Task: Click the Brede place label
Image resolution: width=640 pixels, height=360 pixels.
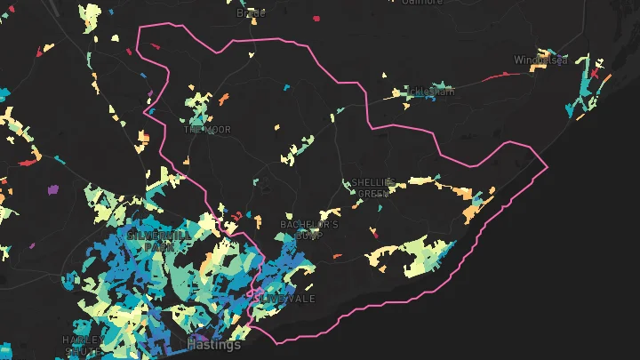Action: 252,13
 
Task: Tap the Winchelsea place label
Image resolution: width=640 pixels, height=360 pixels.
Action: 540,60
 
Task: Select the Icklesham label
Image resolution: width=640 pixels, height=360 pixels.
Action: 429,91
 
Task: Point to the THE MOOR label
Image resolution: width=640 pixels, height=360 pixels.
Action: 207,130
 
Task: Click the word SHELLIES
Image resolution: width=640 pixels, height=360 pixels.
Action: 372,182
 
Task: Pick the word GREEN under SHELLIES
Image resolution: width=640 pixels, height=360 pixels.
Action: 372,193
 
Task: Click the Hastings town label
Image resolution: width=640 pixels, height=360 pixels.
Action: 214,343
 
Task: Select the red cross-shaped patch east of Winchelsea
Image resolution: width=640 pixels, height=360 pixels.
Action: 594,72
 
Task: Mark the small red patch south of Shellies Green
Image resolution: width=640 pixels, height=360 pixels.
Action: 374,235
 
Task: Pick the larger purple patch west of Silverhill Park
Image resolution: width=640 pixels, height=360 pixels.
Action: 51,189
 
